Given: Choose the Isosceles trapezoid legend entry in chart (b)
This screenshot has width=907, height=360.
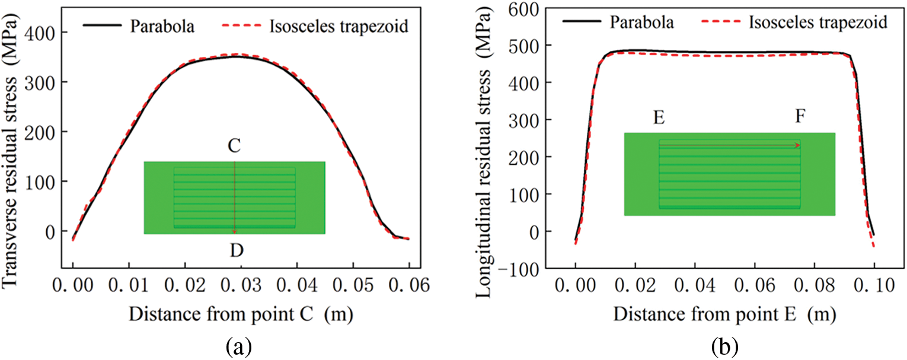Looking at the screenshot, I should [818, 23].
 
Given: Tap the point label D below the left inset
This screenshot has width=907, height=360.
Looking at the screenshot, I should [236, 251].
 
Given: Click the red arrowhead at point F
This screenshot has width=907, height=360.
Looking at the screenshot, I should [798, 145].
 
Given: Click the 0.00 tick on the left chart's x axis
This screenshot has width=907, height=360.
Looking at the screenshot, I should [73, 287].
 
